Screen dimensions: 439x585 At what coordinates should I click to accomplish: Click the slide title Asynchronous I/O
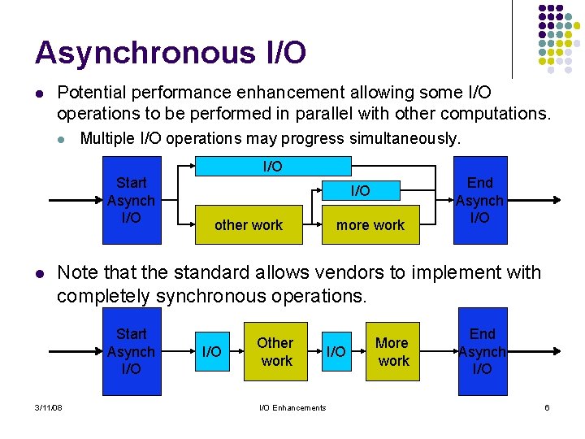tap(171, 53)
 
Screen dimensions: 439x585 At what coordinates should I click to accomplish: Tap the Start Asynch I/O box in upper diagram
tap(131, 200)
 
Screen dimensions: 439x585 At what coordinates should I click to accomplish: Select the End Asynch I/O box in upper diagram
tap(479, 200)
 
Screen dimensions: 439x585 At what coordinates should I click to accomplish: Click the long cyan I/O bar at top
tap(272, 167)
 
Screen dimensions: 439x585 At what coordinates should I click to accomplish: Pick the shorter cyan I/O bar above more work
tap(360, 190)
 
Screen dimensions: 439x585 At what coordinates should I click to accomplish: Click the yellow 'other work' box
tap(249, 225)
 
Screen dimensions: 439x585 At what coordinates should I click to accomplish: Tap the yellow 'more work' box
tap(370, 225)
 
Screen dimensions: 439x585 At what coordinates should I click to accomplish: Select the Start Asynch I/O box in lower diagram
tap(131, 351)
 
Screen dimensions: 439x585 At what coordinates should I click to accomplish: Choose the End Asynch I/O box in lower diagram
tap(482, 351)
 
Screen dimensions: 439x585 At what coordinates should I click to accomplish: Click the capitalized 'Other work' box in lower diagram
tap(276, 351)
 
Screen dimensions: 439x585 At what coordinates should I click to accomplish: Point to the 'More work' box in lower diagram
tap(393, 351)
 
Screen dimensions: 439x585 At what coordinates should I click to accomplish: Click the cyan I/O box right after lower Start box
tap(211, 351)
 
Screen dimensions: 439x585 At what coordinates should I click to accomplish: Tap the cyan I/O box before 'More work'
tap(336, 351)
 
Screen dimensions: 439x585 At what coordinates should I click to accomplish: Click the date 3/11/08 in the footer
tap(50, 407)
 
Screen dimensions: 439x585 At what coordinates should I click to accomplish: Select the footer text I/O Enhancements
tap(292, 407)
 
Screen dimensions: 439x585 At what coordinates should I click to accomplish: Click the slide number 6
tap(547, 407)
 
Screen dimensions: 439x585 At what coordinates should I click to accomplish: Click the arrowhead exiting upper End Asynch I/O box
tap(556, 199)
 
